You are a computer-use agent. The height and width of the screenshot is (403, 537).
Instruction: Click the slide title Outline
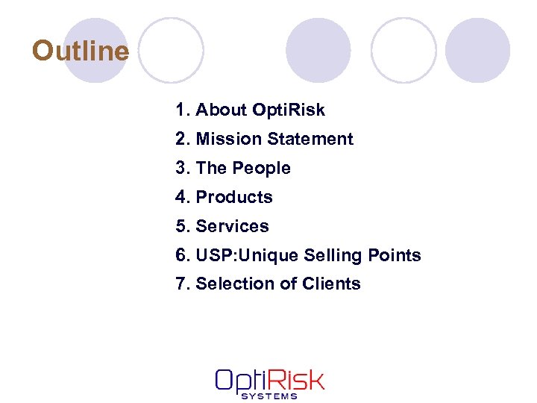click(81, 51)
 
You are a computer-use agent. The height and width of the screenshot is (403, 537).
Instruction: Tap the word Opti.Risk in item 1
click(289, 110)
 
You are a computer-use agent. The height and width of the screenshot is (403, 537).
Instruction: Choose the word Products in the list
click(234, 198)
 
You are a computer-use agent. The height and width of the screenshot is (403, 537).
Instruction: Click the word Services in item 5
click(232, 226)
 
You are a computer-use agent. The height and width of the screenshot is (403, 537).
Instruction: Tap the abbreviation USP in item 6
click(213, 255)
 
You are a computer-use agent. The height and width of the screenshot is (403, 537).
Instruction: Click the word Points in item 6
click(395, 255)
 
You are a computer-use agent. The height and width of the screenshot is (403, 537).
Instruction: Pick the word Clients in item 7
click(331, 284)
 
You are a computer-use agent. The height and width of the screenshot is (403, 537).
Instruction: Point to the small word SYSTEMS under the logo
click(269, 396)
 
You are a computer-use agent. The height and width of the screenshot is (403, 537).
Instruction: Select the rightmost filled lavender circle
click(477, 50)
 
